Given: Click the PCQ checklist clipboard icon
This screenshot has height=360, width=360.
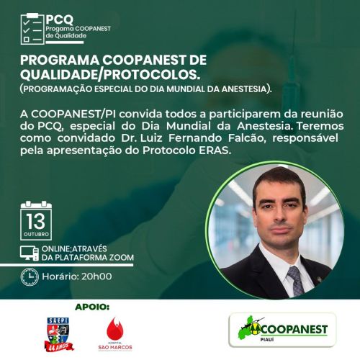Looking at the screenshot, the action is click(x=32, y=29).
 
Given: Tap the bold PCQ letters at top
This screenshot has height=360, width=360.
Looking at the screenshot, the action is click(x=60, y=19).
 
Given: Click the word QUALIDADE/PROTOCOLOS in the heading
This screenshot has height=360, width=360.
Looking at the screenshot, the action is click(x=110, y=75).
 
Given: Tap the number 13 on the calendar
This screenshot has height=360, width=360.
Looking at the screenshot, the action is click(x=36, y=221).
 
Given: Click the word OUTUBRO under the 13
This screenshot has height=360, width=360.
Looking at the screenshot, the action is click(x=36, y=234).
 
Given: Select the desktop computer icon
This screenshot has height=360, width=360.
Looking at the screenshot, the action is click(x=30, y=253).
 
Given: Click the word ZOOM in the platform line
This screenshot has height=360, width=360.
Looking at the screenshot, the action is click(x=122, y=258).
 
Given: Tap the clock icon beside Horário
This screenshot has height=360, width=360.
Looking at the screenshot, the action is click(x=30, y=276).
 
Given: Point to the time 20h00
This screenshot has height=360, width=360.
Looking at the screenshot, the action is click(x=96, y=276).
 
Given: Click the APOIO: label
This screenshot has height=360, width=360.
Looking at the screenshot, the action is click(x=92, y=307).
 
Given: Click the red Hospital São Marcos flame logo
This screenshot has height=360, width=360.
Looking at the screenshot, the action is click(x=115, y=333).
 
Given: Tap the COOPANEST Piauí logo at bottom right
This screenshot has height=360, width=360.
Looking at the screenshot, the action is click(x=282, y=330).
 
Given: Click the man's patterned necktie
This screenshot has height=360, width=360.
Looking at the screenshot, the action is click(x=297, y=280).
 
